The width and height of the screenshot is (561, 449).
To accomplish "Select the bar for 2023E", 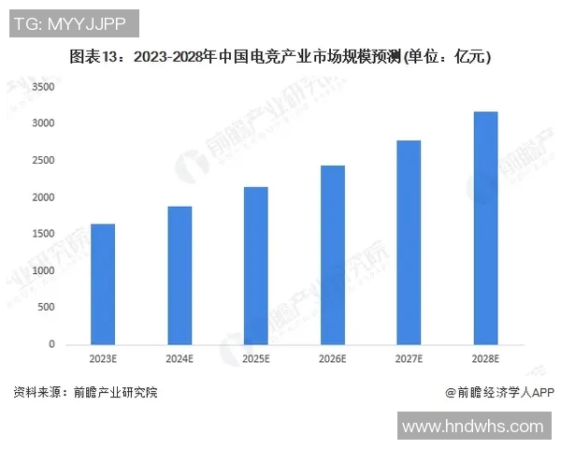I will coord(103,284).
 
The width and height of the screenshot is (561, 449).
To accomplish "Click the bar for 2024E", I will coord(180,276).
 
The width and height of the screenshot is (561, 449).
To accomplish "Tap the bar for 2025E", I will coord(256,266).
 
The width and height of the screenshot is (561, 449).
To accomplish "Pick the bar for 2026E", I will coord(333,255).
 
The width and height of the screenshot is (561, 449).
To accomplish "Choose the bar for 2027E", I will coord(409,242).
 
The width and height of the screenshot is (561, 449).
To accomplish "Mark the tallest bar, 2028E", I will coord(485,228).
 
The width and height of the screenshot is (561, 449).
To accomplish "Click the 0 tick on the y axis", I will coord(52,344).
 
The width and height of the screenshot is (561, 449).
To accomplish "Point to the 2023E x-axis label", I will coord(103,359).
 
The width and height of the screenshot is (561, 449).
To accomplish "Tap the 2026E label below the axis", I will coord(333,359).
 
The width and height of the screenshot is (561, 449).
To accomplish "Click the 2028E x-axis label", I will coord(485,359).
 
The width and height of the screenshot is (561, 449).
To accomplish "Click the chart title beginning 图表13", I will coord(280,57).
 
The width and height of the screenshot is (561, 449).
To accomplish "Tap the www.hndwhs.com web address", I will coord(472,427).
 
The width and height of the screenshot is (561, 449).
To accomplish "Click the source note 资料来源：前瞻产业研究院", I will coord(85,393).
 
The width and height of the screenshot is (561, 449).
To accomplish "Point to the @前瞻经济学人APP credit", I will coord(500,393).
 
